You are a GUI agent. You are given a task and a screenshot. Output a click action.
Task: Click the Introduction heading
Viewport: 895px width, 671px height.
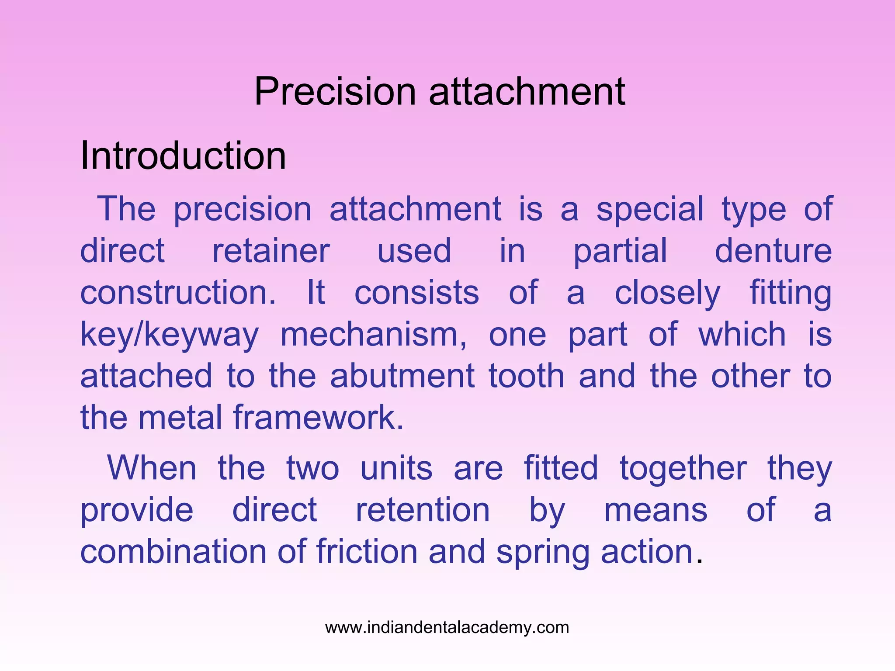click(x=183, y=156)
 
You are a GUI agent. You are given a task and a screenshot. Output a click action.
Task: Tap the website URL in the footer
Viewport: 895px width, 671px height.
click(x=447, y=627)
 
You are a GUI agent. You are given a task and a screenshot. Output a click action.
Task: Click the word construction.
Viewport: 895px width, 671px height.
click(x=178, y=292)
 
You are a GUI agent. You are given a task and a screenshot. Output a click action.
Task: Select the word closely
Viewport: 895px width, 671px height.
click(x=667, y=293)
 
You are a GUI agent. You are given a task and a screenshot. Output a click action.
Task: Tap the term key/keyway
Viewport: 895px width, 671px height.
click(x=170, y=335)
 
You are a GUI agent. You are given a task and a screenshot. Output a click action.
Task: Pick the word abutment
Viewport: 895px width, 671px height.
click(x=402, y=376)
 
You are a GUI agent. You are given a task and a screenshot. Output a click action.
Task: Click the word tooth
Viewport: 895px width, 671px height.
click(x=527, y=376)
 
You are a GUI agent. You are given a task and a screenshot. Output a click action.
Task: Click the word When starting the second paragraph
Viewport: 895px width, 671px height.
click(x=152, y=468)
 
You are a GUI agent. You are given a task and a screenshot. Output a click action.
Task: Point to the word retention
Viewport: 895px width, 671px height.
click(x=423, y=510)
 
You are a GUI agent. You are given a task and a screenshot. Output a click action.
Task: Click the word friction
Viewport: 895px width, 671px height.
click(x=367, y=551)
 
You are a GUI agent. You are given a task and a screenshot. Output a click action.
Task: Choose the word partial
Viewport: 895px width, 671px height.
click(x=620, y=251)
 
